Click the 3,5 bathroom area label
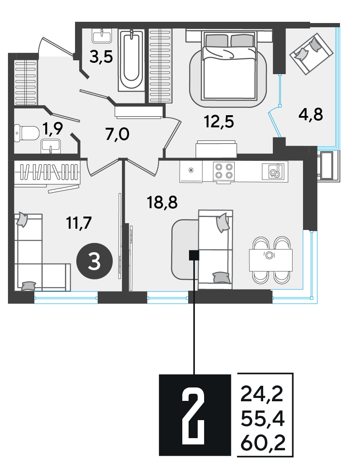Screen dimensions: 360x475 point(101,57)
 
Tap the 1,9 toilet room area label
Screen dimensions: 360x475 point(53,129)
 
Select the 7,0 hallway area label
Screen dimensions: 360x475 point(117,134)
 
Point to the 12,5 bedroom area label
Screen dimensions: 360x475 point(219,122)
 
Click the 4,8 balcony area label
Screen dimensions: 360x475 point(311,115)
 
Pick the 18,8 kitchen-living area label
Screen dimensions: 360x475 point(162,202)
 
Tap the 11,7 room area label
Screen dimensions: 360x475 point(79,223)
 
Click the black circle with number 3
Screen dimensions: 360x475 point(94,261)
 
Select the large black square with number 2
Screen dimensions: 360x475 point(195,415)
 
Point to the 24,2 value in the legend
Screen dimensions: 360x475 point(262,394)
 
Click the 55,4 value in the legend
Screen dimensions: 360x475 point(262,419)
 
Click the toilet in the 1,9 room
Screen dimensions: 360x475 point(27,133)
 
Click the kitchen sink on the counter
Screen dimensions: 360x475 point(275,171)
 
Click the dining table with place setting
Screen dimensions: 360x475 point(271,260)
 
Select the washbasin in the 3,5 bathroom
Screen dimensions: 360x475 point(102,36)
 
